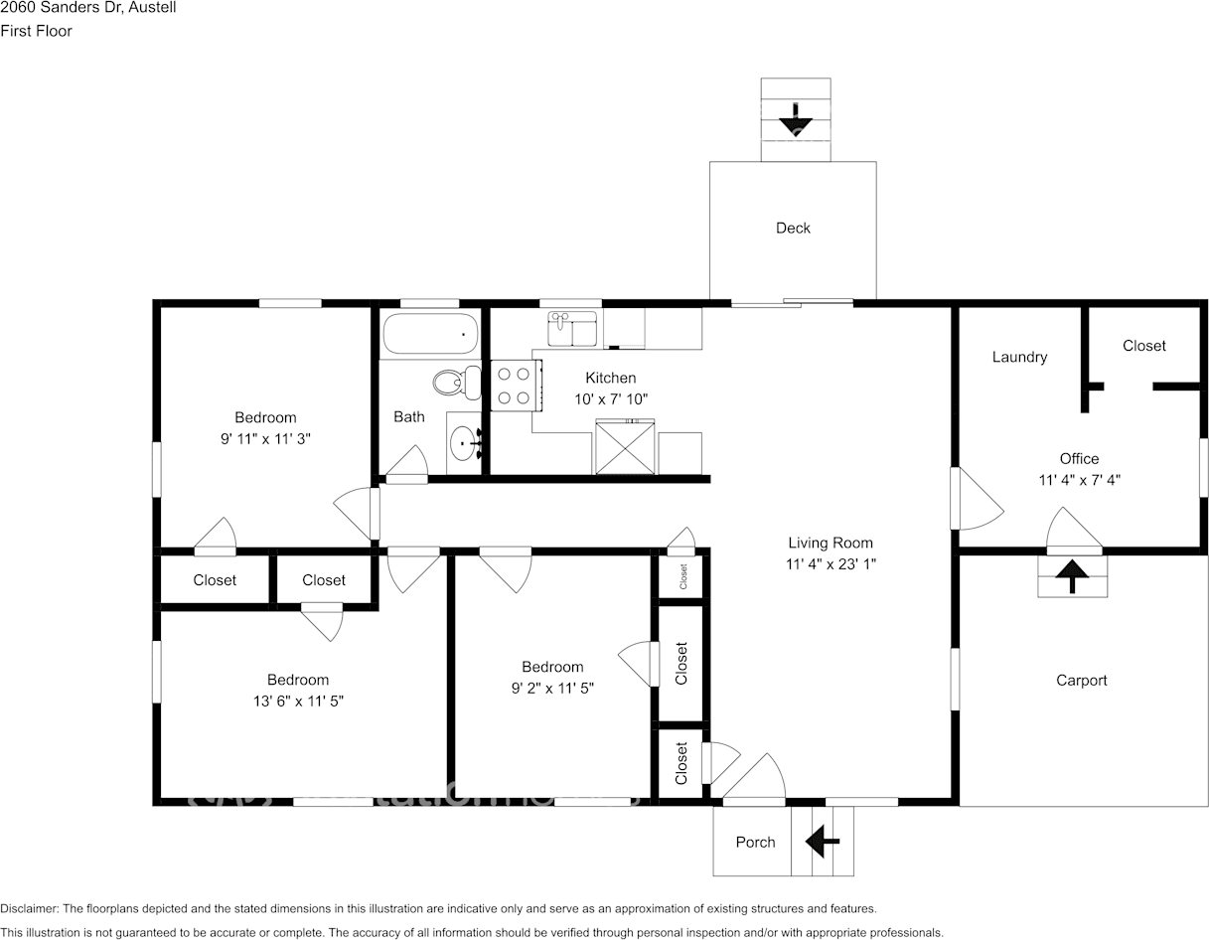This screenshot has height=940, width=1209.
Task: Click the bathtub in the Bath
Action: point(430,333)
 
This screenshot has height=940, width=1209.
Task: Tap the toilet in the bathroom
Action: point(457,383)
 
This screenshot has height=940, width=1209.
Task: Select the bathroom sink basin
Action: point(464,443)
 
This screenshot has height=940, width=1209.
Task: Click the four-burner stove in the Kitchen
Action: point(516,386)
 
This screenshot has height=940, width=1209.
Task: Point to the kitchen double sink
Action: point(572,328)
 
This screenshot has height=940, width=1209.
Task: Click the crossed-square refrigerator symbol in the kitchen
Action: point(625,447)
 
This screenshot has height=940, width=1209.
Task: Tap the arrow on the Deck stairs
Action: point(796,119)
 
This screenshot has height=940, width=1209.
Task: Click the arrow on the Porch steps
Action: point(822,841)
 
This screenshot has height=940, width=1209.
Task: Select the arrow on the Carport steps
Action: point(1072,576)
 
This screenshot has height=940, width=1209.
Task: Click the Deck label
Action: point(793,229)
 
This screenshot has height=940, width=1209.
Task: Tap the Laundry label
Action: point(1019,357)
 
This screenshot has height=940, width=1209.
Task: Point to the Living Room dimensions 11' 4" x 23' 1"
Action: point(831,563)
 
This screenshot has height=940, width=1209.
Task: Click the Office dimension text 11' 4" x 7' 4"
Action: point(1080,480)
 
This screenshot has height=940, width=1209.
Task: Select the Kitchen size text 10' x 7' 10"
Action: point(611,399)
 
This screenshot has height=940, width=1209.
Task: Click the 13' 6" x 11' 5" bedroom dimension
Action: point(298,701)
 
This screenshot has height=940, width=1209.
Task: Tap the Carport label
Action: point(1082,681)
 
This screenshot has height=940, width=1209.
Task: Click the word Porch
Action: point(755,842)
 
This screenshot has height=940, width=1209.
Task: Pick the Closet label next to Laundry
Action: point(1143,346)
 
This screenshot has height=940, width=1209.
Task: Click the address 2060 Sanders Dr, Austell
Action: point(87,7)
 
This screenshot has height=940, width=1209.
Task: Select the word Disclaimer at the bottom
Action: point(29,909)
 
